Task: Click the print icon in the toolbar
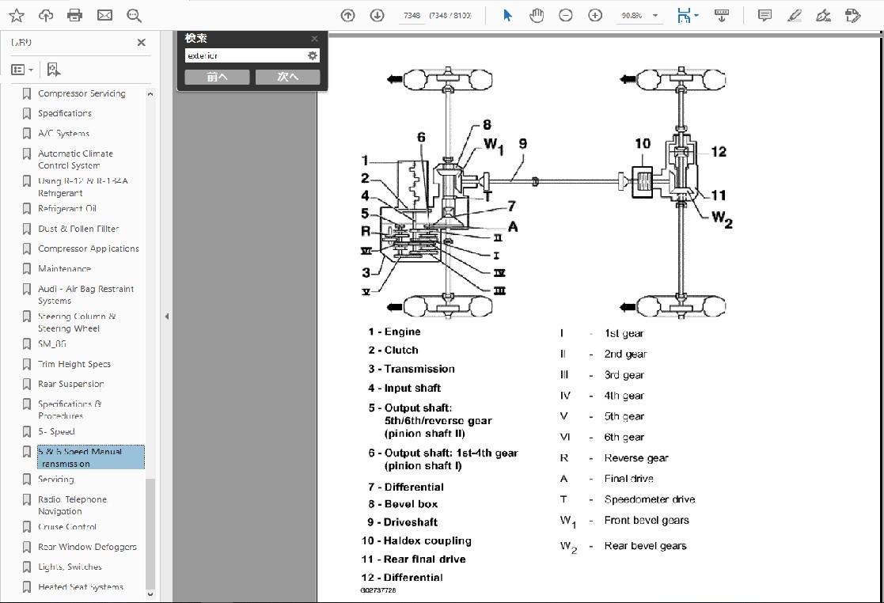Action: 75,15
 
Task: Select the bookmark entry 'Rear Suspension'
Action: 70,384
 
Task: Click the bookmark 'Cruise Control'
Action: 68,526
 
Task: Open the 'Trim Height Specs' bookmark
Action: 74,364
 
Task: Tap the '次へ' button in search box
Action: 287,77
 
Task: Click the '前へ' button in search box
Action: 217,77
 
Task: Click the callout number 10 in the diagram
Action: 643,143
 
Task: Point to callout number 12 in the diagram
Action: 718,152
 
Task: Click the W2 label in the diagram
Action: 722,219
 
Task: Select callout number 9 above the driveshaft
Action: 522,144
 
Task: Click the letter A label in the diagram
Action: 513,227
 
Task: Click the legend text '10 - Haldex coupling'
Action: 416,540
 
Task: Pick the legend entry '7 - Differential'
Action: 405,487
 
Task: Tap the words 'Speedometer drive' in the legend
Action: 649,499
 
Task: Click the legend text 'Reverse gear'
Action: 635,457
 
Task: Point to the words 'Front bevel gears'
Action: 646,520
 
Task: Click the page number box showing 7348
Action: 411,15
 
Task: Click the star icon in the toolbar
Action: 16,15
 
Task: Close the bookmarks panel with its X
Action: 141,43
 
